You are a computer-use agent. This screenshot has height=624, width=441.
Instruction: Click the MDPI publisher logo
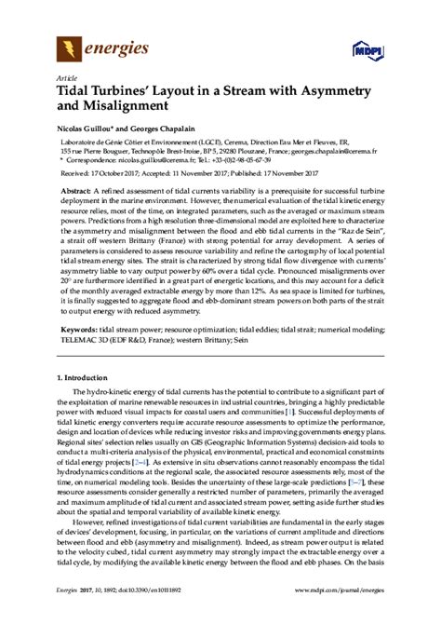pyautogui.click(x=367, y=48)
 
